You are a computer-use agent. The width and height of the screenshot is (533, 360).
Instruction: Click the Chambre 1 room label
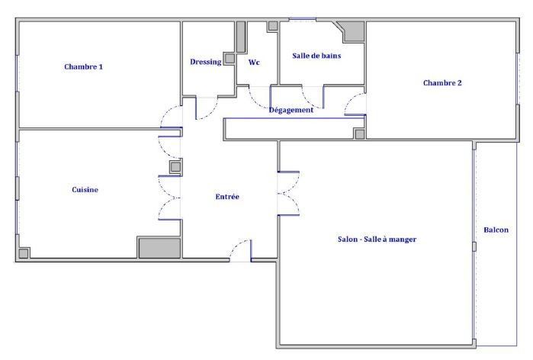click(x=83, y=66)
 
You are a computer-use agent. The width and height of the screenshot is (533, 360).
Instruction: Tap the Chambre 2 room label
click(x=442, y=83)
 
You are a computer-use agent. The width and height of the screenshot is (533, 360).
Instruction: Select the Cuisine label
click(x=85, y=190)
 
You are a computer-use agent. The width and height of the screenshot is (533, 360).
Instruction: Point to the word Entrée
click(x=227, y=197)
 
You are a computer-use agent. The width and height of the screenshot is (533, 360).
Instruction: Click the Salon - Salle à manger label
click(x=377, y=239)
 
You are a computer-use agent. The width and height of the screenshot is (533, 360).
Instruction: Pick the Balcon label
click(x=496, y=230)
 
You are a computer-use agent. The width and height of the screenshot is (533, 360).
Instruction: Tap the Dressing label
click(x=206, y=62)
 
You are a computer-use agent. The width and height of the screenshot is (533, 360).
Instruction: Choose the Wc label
click(x=254, y=63)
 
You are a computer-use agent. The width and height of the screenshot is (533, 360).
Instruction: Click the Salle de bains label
click(x=316, y=56)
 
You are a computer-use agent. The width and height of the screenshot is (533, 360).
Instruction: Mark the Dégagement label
click(x=291, y=110)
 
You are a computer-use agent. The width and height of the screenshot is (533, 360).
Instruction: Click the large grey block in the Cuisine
click(x=159, y=248)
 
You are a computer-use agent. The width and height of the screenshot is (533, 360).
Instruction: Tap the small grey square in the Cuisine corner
click(x=23, y=253)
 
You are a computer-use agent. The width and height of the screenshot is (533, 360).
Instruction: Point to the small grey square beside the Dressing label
click(x=230, y=59)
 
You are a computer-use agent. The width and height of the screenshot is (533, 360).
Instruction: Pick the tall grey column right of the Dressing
click(x=241, y=37)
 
